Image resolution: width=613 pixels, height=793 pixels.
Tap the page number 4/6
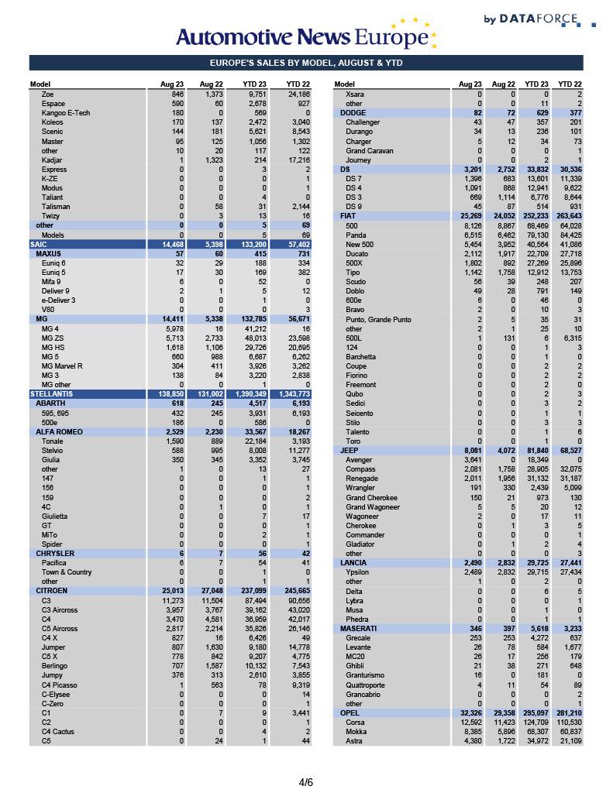(306, 782)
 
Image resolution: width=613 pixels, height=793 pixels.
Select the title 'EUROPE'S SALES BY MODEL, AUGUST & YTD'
(306, 64)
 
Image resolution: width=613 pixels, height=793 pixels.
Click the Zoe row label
(47, 94)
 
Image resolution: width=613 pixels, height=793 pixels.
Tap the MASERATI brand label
(358, 628)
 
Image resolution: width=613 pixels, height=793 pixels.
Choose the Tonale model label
(53, 441)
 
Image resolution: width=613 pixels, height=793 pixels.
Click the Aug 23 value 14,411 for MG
(170, 319)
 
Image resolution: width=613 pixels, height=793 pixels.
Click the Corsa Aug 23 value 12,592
(471, 723)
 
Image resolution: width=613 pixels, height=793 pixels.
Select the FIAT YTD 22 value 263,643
(568, 216)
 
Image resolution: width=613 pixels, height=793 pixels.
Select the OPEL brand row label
(350, 712)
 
